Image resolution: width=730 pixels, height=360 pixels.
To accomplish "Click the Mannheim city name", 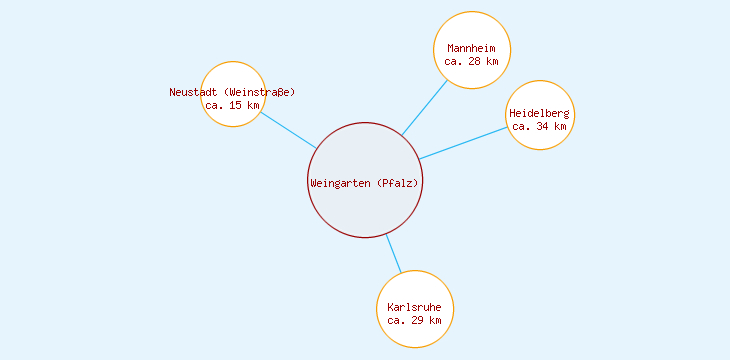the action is [472, 48].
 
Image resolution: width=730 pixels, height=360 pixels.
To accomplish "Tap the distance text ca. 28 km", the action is [472, 61].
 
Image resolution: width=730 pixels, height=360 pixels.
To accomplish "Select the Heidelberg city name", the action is [539, 113].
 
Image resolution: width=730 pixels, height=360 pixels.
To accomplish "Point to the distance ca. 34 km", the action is [539, 126].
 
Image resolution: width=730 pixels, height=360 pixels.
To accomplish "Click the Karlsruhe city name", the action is [414, 307].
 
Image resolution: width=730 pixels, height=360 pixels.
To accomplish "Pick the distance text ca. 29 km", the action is [414, 320].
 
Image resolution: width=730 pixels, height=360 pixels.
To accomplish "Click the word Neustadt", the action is [193, 92].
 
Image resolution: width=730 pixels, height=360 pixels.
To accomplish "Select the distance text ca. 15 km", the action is [232, 105].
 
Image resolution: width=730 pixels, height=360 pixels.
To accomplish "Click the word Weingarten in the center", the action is [339, 183].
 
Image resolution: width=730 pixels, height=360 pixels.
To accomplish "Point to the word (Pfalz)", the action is [397, 183].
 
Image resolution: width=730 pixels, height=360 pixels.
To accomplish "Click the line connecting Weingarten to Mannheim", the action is [425, 107].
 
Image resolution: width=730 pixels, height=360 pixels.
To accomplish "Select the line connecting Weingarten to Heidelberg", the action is [463, 143].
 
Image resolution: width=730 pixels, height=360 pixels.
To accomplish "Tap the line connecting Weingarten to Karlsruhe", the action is [393, 253].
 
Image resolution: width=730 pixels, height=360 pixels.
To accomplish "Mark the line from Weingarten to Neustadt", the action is [289, 130].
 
